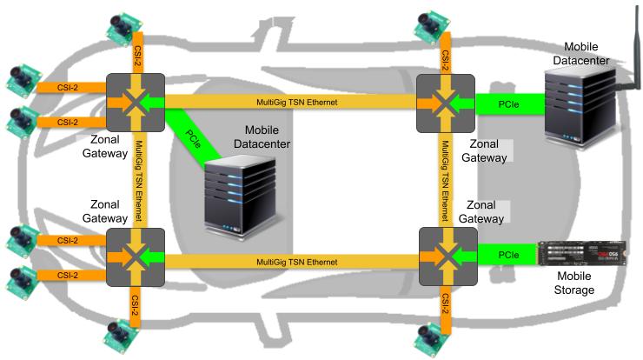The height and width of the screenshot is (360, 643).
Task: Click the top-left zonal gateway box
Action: click(x=135, y=103)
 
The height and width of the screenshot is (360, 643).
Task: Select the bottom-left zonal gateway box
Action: click(x=135, y=257)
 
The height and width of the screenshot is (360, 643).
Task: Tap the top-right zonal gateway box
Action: click(x=446, y=103)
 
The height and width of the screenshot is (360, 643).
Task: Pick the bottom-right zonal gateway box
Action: click(x=448, y=257)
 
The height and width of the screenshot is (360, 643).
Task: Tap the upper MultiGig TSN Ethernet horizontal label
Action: click(x=297, y=103)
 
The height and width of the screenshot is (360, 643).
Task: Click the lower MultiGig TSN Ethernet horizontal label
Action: click(x=297, y=261)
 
